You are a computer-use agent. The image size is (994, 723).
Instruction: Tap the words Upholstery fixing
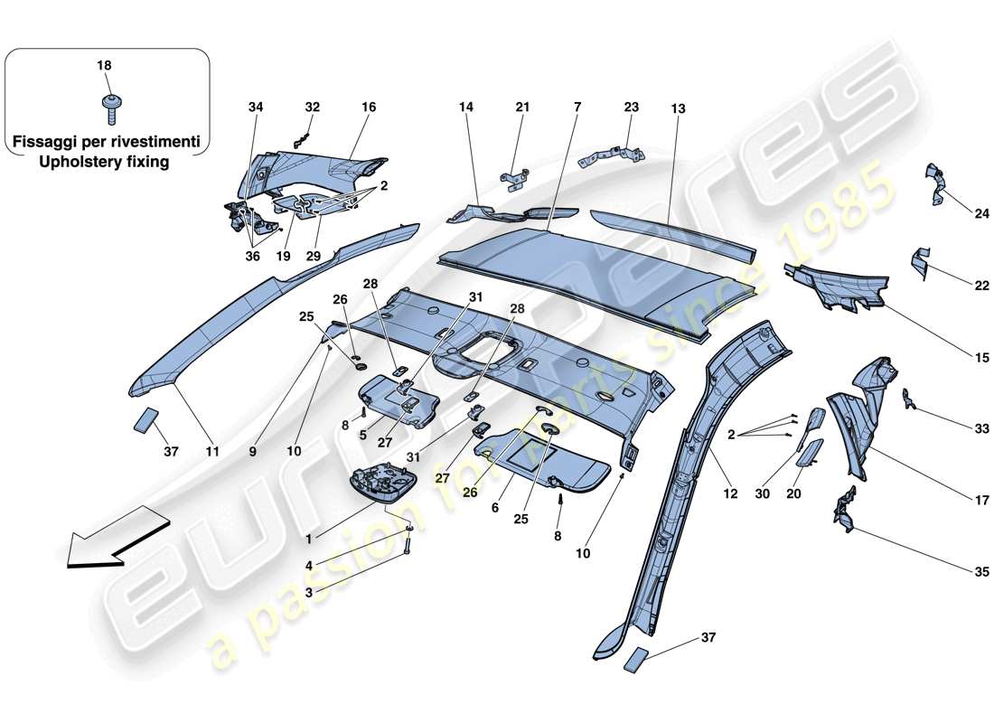click(x=107, y=162)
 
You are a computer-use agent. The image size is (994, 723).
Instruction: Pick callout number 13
click(x=678, y=108)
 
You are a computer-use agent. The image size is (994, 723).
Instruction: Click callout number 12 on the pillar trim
click(x=730, y=494)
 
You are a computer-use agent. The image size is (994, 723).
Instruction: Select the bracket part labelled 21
click(x=517, y=178)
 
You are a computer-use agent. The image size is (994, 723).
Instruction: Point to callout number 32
click(x=312, y=107)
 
